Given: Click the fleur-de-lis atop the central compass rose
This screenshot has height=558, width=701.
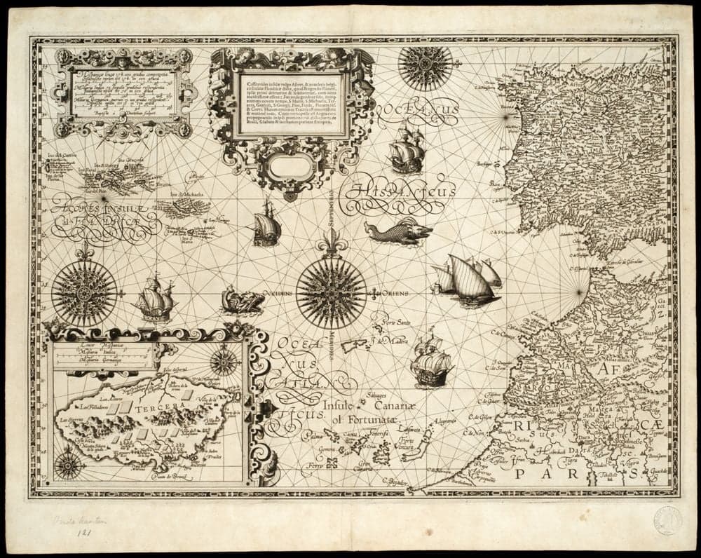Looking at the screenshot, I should pos(331,242).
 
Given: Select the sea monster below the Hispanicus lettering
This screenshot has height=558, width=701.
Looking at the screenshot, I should pos(397,232).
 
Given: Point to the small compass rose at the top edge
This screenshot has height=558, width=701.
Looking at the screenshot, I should pos(425,67).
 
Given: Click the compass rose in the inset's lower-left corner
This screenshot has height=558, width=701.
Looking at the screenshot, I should pos(69,463).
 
